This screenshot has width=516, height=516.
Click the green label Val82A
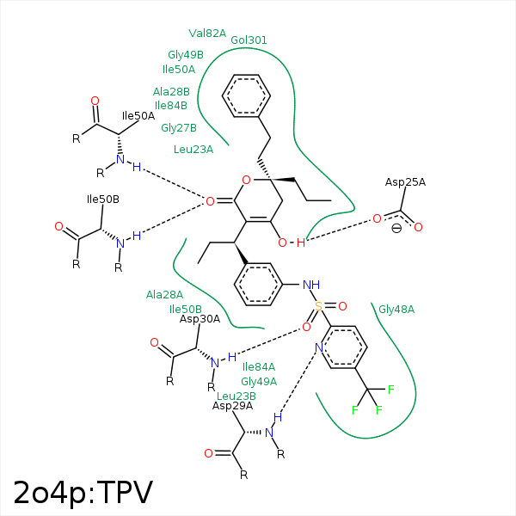tap(207, 34)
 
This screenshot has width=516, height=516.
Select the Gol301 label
tap(249, 40)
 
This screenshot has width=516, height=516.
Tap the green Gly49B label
tap(186, 55)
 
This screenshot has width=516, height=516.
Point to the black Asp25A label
tap(405, 182)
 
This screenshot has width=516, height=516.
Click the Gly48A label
tap(396, 310)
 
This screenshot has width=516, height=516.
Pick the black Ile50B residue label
tap(103, 200)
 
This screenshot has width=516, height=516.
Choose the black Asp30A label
tap(200, 319)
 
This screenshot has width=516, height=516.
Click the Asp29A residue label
tap(233, 406)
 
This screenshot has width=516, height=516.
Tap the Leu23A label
tap(193, 150)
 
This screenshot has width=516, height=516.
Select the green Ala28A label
tap(164, 294)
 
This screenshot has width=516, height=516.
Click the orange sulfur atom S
tap(318, 306)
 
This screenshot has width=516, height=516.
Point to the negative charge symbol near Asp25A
tap(396, 228)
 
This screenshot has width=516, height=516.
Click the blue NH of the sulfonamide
tap(311, 285)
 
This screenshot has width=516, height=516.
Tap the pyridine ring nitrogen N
tap(319, 347)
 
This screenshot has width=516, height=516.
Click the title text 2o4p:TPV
tap(83, 493)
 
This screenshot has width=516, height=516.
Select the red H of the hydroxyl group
tap(300, 243)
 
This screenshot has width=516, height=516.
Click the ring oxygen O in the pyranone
tap(246, 180)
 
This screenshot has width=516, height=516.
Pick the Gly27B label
tap(179, 127)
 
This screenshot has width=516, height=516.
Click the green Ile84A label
tap(259, 366)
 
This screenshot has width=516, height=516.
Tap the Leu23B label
tap(236, 396)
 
